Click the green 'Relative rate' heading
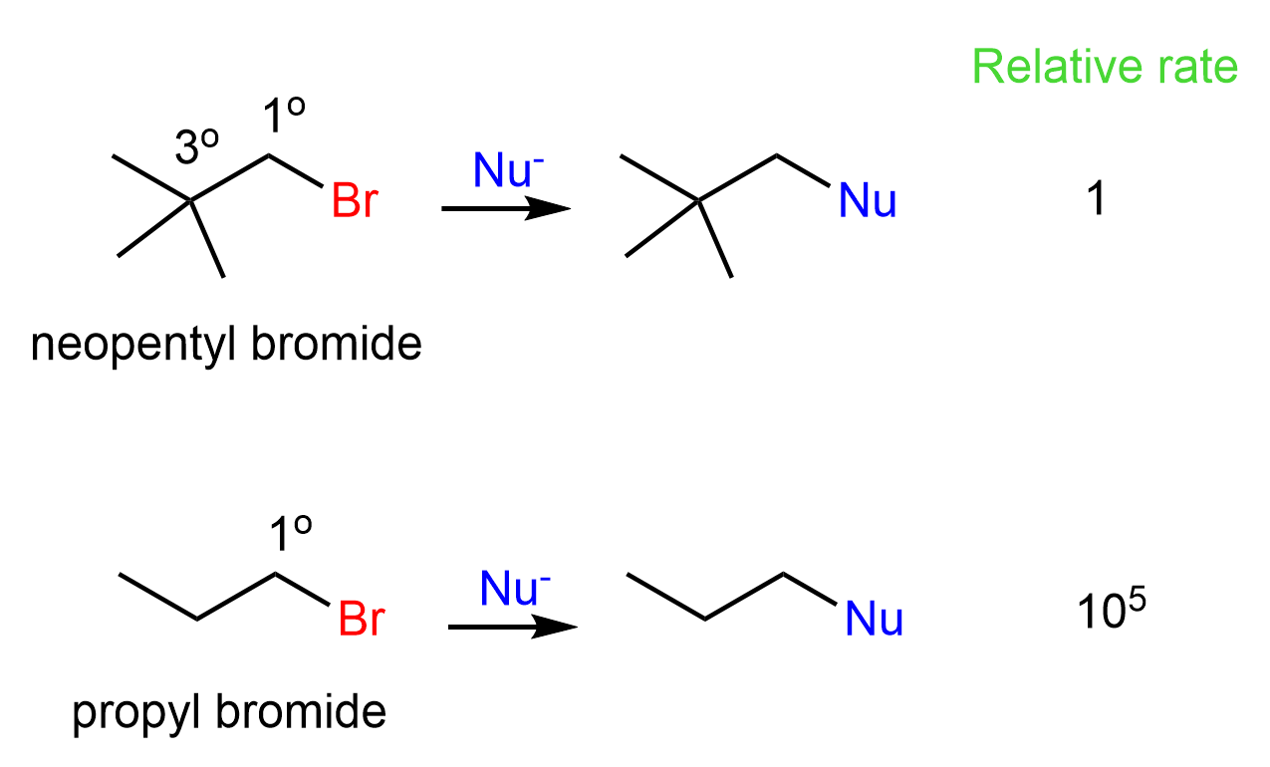point(1105,67)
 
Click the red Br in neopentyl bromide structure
point(355,200)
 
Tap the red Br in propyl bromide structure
point(361,619)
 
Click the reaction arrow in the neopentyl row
point(505,208)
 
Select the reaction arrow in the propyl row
point(512,627)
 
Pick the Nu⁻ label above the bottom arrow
point(514,589)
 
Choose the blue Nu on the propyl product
point(874,619)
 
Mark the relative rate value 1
point(1095,202)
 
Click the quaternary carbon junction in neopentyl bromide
point(191,201)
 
